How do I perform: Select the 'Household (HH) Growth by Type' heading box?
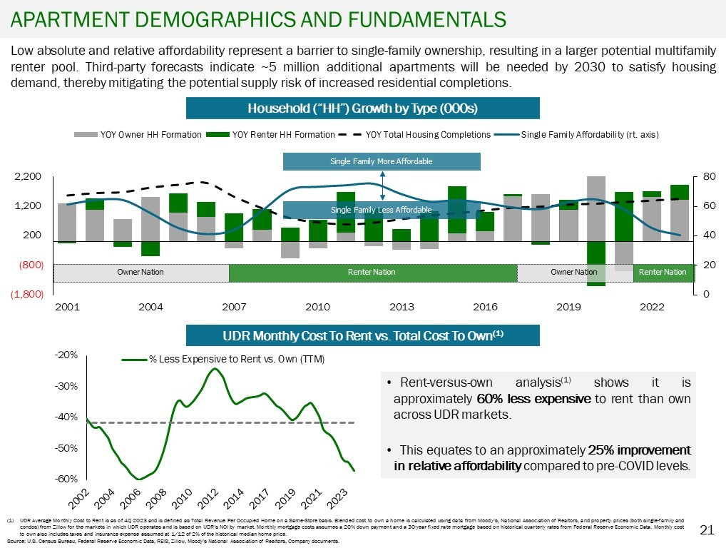[x=362, y=108]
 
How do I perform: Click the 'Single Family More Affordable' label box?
[x=382, y=162]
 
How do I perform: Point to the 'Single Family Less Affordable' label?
[x=382, y=210]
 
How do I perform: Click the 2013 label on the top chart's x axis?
[x=402, y=307]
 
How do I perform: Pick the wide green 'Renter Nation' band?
[x=372, y=273]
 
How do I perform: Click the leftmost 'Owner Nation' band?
[x=141, y=273]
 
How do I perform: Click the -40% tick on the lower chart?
[x=69, y=417]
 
